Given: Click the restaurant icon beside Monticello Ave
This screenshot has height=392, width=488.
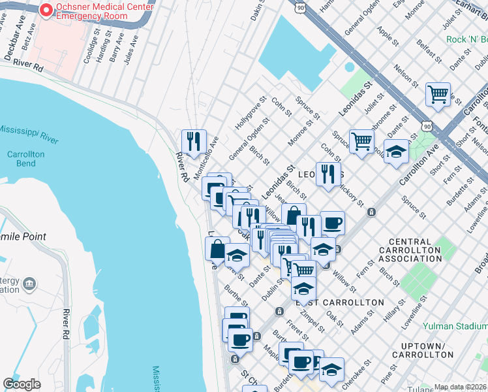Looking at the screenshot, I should (193, 141).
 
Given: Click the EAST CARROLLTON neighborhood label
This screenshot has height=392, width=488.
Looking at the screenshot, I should (340, 302).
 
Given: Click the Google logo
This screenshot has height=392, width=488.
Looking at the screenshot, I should (22, 384).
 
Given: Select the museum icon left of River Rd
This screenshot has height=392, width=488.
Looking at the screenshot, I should (29, 284).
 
